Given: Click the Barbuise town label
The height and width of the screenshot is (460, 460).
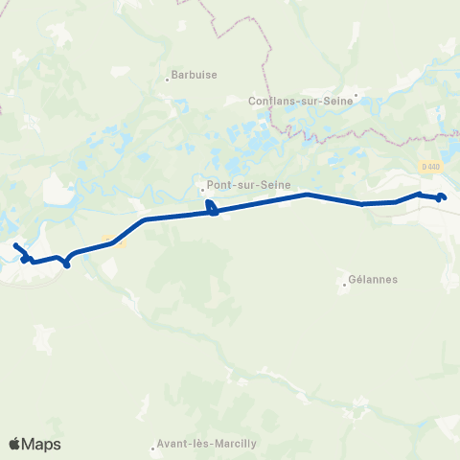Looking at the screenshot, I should [x=192, y=72].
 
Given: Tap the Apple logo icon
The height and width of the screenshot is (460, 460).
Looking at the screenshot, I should [x=15, y=444].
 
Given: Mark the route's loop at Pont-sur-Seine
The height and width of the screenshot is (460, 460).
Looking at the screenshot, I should [x=213, y=209].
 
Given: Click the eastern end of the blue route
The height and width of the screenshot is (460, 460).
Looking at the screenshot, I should [x=444, y=197].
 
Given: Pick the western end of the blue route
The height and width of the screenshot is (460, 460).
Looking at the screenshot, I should [x=16, y=247].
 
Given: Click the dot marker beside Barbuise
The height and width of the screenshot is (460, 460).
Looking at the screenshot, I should [x=167, y=80].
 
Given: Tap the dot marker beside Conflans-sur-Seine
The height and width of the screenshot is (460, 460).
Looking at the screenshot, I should [x=356, y=95].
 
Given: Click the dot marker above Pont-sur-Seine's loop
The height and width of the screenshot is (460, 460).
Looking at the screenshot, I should [x=203, y=190].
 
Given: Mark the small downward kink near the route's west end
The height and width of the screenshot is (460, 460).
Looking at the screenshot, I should [x=66, y=264].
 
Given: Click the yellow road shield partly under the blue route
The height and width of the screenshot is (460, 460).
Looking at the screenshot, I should [x=108, y=243].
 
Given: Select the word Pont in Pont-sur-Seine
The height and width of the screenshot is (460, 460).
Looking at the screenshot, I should [x=219, y=188].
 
